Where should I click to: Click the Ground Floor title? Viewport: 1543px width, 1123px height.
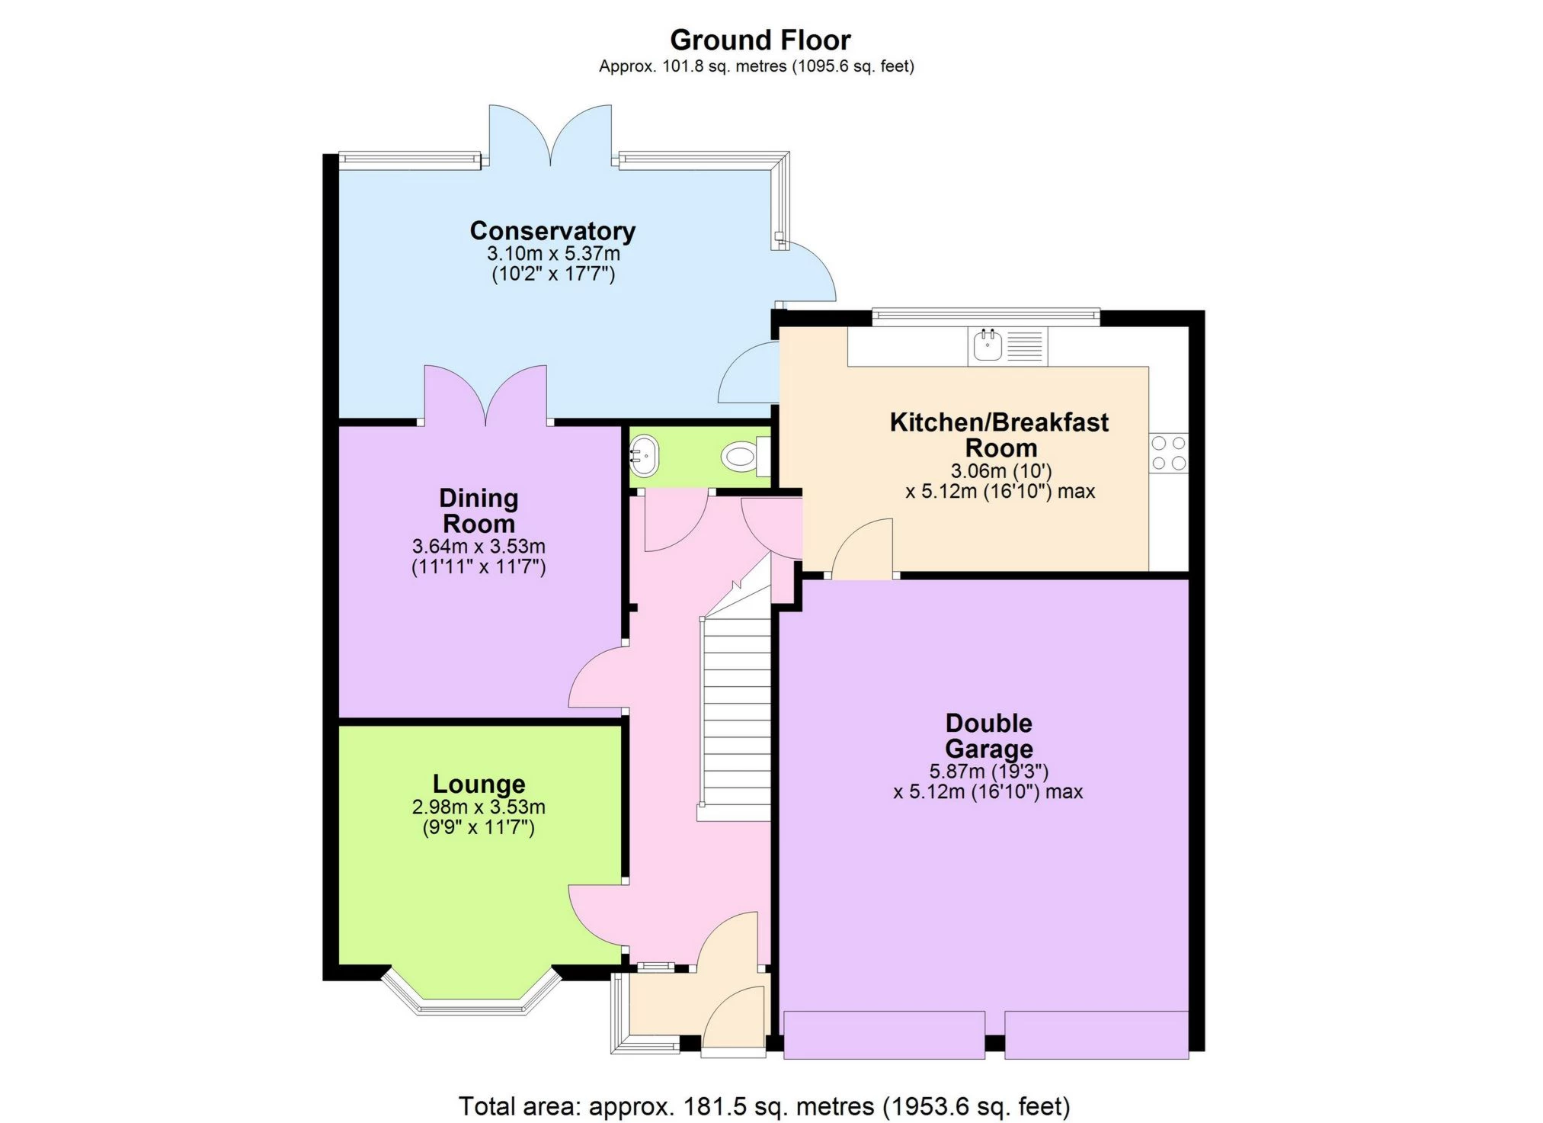click(x=760, y=40)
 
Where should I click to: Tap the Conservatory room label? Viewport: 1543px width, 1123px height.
click(x=552, y=230)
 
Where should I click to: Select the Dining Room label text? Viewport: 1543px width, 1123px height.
click(x=479, y=511)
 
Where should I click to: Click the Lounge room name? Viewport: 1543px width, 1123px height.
click(x=479, y=784)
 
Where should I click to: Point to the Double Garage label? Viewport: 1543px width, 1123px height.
click(x=988, y=736)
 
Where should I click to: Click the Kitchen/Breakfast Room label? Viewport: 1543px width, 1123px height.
click(x=999, y=435)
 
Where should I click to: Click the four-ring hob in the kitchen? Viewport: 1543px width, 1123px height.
click(x=1169, y=453)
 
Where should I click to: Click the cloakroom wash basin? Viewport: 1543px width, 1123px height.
click(x=643, y=455)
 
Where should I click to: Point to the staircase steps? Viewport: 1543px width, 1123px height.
click(x=736, y=717)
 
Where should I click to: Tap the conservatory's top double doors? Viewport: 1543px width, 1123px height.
click(x=550, y=136)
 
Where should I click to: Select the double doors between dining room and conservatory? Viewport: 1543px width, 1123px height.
click(x=485, y=395)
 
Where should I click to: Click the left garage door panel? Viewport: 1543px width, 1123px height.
click(x=884, y=1035)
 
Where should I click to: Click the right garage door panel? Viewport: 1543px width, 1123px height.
click(x=1096, y=1035)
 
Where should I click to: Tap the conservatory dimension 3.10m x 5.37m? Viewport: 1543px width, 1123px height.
click(x=553, y=253)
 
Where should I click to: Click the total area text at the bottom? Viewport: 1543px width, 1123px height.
click(x=764, y=1105)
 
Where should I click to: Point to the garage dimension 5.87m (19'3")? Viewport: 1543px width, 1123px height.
click(x=988, y=771)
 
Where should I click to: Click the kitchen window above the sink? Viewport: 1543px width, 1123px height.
click(x=985, y=316)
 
